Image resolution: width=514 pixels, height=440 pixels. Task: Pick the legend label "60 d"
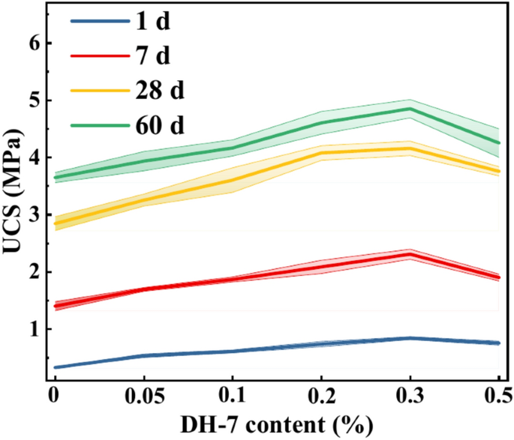point(158,125)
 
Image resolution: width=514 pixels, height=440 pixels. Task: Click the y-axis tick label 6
point(32,43)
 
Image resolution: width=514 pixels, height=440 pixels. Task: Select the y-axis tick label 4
point(32,157)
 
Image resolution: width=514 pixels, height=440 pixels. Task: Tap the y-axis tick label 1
point(32,329)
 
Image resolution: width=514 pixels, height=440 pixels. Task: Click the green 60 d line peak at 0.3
point(410,109)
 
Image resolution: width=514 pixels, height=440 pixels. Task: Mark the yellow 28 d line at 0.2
point(321,153)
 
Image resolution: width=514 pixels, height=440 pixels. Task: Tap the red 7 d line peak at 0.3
point(410,254)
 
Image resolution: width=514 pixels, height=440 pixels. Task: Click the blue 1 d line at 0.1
point(233,351)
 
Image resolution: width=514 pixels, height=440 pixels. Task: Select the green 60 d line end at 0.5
point(497,142)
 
